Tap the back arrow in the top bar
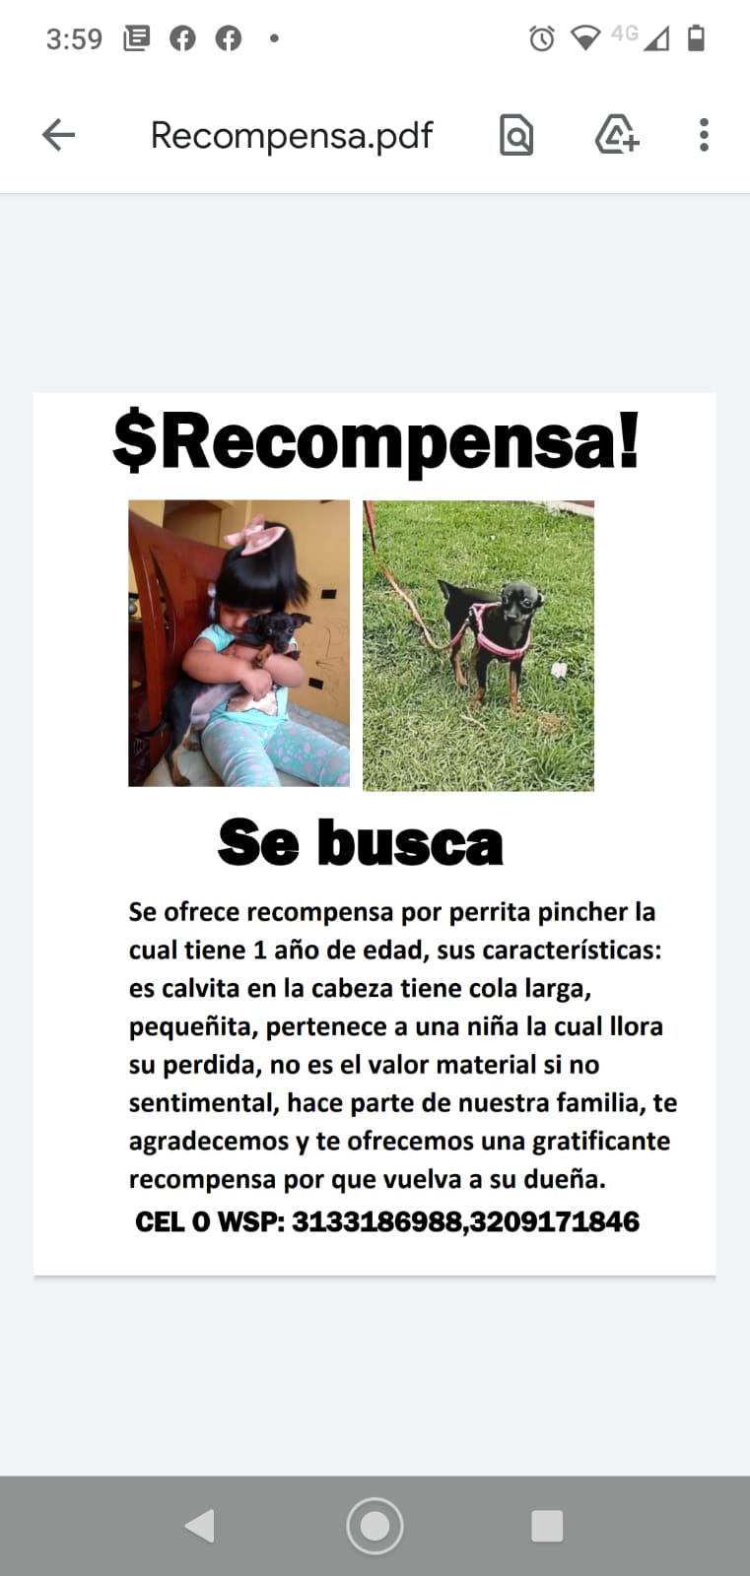pos(59,135)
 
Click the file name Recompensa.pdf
pos(291,136)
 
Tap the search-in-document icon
pos(516,136)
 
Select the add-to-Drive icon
pos(617,135)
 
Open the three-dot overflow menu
pos(704,135)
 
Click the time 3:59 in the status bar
pos(74,39)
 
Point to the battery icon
pos(696,38)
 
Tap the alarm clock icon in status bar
pos(541,39)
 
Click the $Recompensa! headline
pos(375,441)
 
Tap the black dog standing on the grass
pos(494,630)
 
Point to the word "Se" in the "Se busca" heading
pos(257,843)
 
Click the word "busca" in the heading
pos(410,843)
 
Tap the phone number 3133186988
pos(376,1222)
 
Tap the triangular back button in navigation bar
pos(200,1526)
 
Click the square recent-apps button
pos(547,1526)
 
